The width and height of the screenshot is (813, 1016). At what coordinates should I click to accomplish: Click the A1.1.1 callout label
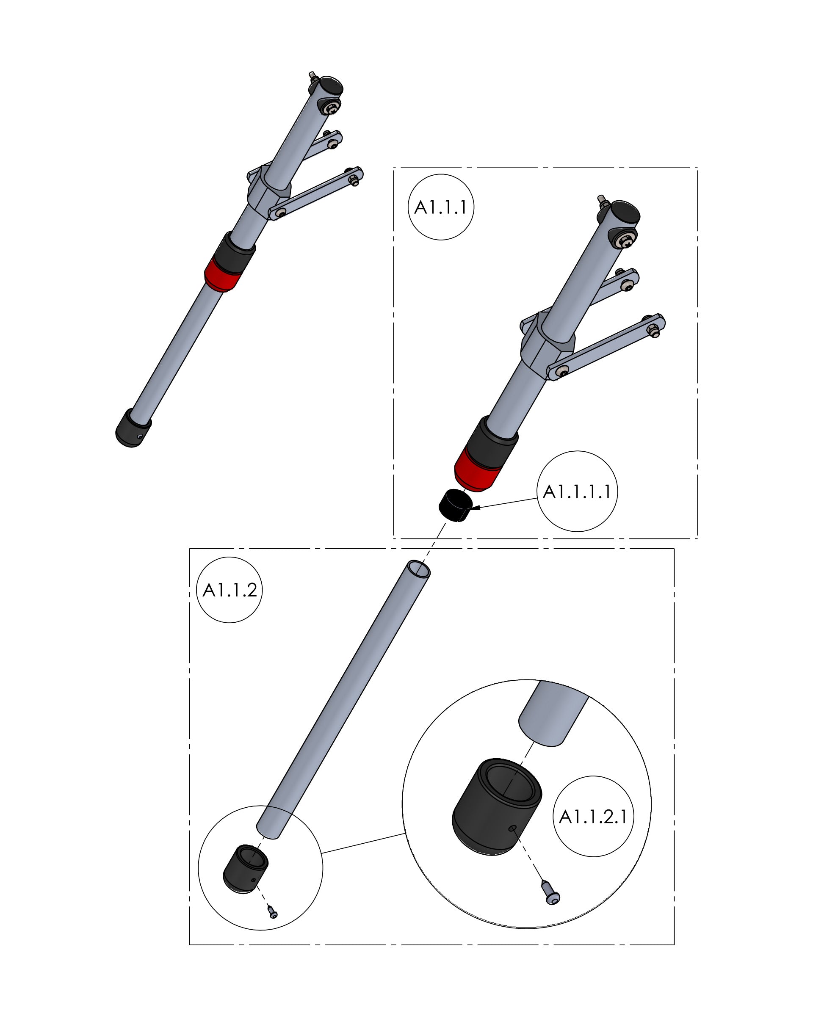[440, 207]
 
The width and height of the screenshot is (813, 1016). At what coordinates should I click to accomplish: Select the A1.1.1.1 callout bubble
[577, 491]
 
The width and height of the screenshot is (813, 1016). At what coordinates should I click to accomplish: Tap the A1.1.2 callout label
[229, 590]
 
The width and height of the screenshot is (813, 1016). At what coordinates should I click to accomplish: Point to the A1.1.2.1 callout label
[593, 816]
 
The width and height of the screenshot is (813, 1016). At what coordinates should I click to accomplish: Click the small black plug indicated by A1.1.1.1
[455, 505]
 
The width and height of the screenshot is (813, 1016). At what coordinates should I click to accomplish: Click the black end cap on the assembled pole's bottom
[133, 428]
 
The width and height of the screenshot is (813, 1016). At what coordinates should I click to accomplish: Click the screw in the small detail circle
[272, 911]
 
